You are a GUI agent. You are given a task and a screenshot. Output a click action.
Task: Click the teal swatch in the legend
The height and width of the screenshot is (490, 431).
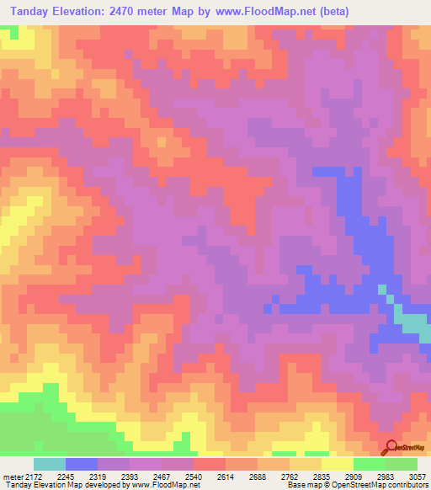pos(50,464)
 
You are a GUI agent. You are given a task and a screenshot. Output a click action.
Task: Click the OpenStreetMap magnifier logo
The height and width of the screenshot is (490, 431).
pos(391,447)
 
